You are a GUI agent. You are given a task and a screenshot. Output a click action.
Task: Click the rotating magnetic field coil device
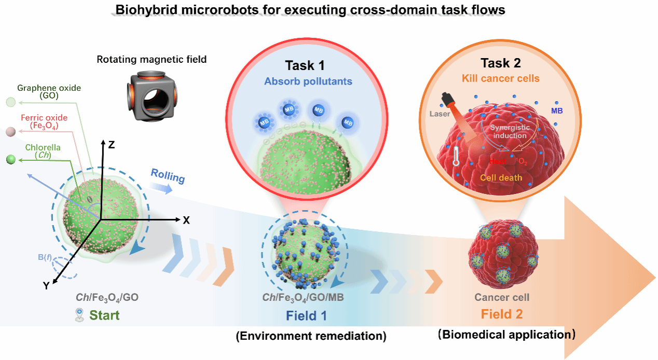point(151,93)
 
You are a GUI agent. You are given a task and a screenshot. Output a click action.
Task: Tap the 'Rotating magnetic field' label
point(152,59)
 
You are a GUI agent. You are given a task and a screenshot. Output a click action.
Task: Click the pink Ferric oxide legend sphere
point(10,132)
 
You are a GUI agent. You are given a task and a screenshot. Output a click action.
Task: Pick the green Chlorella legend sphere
point(10,159)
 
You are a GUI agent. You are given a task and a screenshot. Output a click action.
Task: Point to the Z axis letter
point(111,145)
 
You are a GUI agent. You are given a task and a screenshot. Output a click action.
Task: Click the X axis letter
point(186,220)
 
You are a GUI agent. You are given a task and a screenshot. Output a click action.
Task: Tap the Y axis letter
point(46,285)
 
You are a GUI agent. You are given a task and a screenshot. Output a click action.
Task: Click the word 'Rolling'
point(168,177)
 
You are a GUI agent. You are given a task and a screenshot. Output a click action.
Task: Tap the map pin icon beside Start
point(79,315)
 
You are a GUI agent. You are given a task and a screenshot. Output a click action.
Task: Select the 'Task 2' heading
point(501,63)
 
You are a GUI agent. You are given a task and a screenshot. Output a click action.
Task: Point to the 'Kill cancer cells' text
point(501,79)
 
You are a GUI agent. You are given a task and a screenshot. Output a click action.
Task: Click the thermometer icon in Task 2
point(456,155)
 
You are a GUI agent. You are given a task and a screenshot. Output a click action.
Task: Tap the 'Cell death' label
point(501,177)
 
